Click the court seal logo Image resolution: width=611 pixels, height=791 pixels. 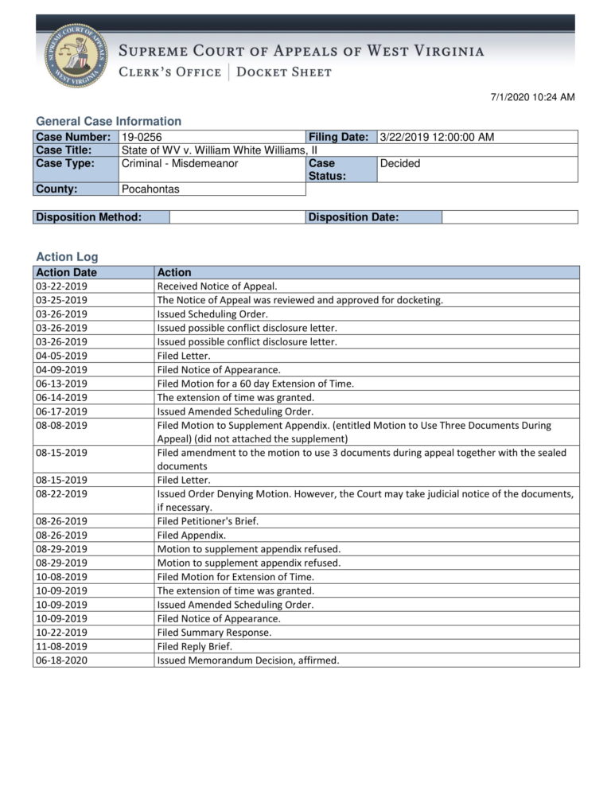76,55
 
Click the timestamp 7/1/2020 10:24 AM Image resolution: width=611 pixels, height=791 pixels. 532,98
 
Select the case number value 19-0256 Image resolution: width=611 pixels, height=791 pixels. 141,137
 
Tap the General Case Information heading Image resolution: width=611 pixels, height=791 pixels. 108,121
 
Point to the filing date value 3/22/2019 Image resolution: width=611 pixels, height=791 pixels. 436,137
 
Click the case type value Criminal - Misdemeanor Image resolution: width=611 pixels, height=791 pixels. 180,163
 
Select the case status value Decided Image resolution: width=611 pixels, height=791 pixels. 400,163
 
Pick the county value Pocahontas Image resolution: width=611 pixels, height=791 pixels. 150,189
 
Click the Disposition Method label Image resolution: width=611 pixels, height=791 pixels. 89,217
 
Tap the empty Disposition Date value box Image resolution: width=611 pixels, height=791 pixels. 509,217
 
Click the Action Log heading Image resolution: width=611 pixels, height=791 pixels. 67,257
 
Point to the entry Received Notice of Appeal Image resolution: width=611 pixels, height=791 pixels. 217,286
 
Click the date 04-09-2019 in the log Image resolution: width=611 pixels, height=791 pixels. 62,369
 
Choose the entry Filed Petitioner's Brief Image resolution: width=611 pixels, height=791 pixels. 208,521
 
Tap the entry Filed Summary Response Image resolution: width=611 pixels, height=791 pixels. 214,632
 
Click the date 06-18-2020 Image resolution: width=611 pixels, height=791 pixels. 62,660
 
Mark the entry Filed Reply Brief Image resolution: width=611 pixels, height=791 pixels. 195,646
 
